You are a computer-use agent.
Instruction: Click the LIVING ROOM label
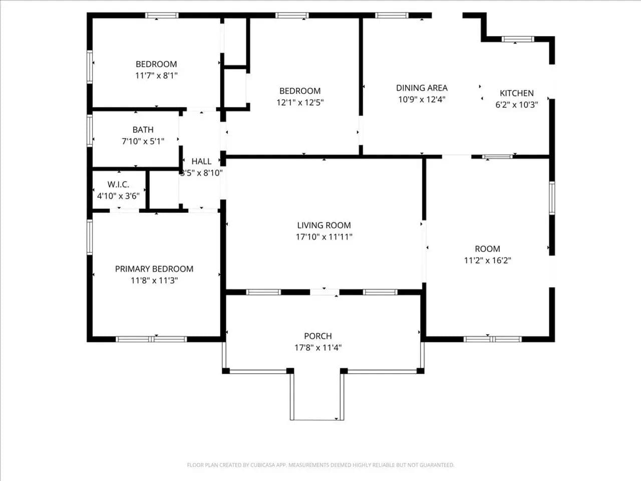324,225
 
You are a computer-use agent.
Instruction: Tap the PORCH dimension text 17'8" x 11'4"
318,348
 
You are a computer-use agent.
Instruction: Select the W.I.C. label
118,184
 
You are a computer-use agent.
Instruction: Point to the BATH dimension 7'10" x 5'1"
143,141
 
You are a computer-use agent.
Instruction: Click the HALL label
201,161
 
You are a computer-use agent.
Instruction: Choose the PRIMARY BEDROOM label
154,269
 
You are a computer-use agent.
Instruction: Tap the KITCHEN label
517,93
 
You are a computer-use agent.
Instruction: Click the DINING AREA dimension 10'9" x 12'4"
422,99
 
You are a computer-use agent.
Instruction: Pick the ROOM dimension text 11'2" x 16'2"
487,260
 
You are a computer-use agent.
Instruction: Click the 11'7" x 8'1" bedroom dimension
156,76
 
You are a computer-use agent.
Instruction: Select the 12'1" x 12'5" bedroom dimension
300,103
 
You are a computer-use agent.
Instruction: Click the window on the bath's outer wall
90,131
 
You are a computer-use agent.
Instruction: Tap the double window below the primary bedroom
151,339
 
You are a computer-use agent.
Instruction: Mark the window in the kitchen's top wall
518,39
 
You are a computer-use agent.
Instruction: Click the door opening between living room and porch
325,292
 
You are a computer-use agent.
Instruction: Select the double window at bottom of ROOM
492,339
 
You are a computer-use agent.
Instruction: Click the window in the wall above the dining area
392,15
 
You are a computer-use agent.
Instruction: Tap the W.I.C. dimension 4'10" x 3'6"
118,196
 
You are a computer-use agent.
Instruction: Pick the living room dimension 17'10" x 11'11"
324,236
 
